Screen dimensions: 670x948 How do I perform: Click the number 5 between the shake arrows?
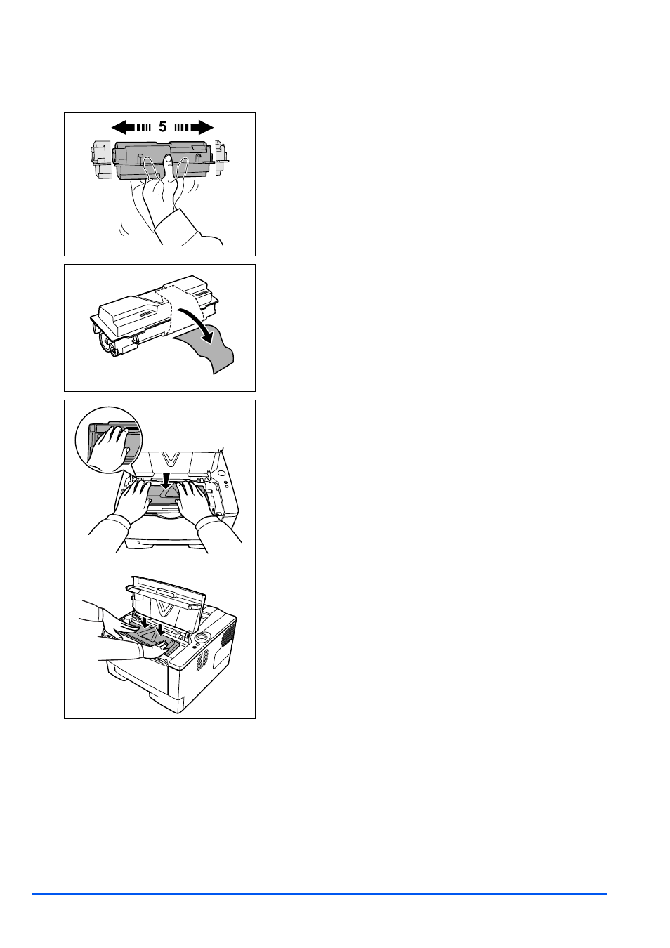pyautogui.click(x=162, y=126)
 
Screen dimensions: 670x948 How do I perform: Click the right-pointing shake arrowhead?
pyautogui.click(x=205, y=127)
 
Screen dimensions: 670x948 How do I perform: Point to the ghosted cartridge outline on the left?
pyautogui.click(x=100, y=159)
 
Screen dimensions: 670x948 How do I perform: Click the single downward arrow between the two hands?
pyautogui.click(x=166, y=478)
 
